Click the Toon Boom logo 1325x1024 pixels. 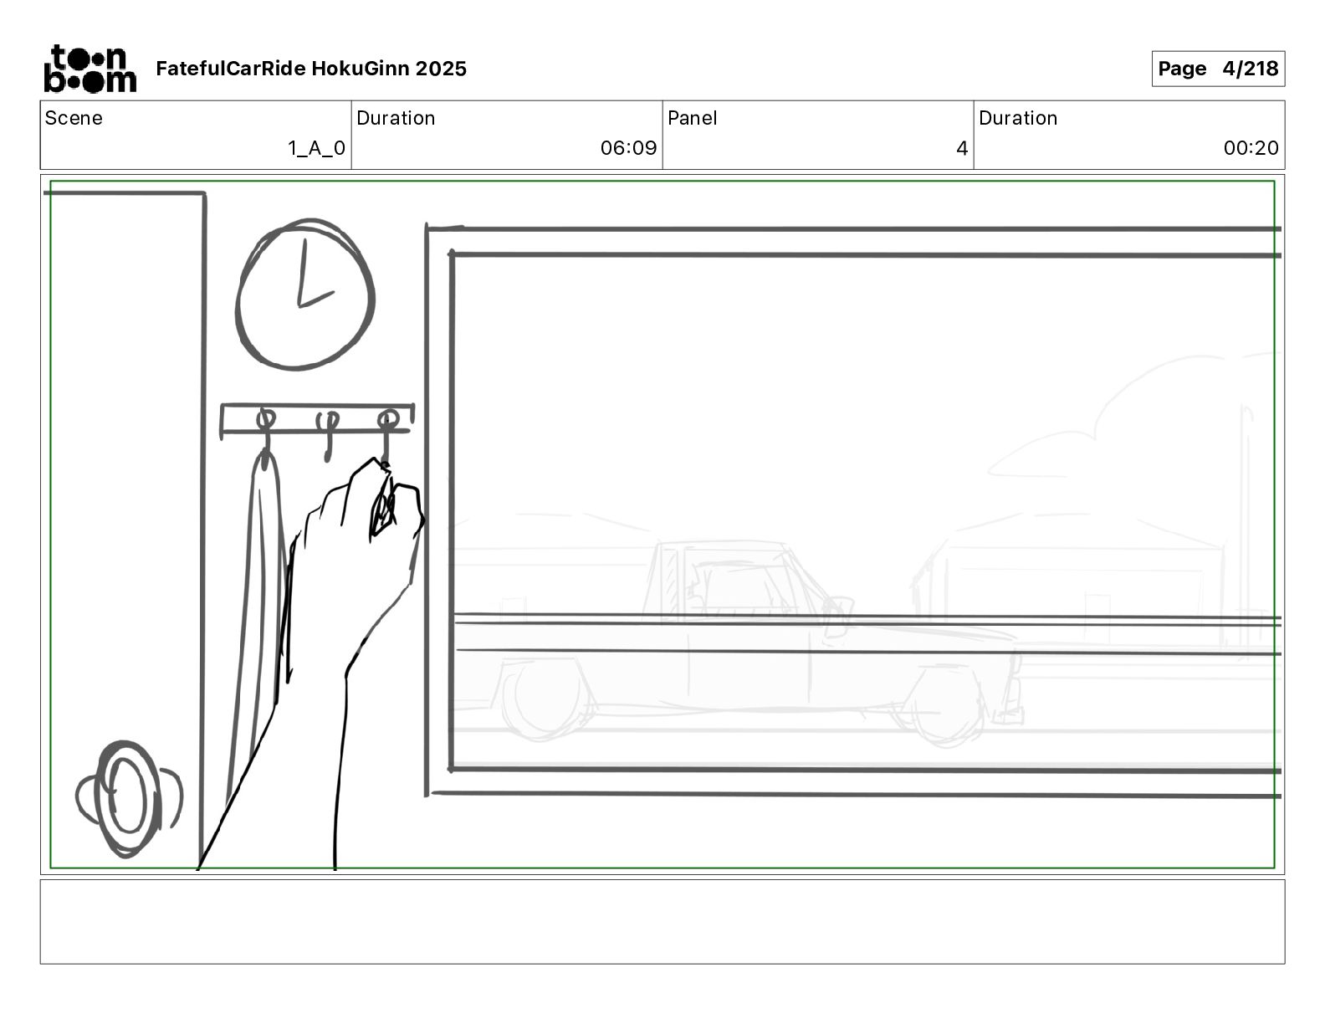tap(90, 69)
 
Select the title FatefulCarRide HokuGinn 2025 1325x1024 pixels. tap(311, 69)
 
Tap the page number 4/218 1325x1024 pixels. tap(1250, 69)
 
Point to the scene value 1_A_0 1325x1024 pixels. tap(316, 148)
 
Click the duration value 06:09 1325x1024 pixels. tap(629, 147)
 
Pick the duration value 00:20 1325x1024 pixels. tap(1251, 147)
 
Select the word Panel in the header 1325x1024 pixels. tap(692, 118)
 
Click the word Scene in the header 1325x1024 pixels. tap(74, 118)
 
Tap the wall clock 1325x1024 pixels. tap(304, 294)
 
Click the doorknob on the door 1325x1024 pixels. tap(129, 798)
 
